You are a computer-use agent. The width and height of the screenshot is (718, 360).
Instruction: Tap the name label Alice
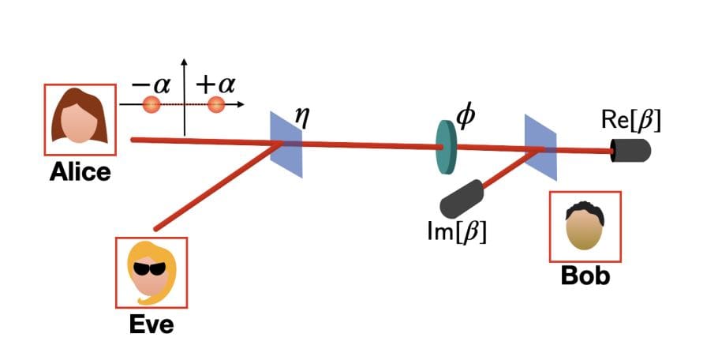(x=80, y=172)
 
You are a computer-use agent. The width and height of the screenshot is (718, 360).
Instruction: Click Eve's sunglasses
(x=151, y=269)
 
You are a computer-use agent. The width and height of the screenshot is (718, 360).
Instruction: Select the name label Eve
(x=151, y=323)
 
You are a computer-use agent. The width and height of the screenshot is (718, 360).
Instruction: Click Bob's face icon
(x=585, y=227)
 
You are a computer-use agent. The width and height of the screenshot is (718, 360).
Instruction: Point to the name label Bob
(x=585, y=277)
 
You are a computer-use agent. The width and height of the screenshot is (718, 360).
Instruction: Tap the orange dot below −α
(x=151, y=104)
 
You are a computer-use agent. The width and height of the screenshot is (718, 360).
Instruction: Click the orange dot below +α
(x=216, y=104)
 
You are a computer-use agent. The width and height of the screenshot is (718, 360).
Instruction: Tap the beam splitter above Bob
(x=541, y=147)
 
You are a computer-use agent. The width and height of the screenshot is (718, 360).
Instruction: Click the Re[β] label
(x=630, y=121)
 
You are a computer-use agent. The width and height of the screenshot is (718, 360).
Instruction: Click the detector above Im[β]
(x=462, y=199)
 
